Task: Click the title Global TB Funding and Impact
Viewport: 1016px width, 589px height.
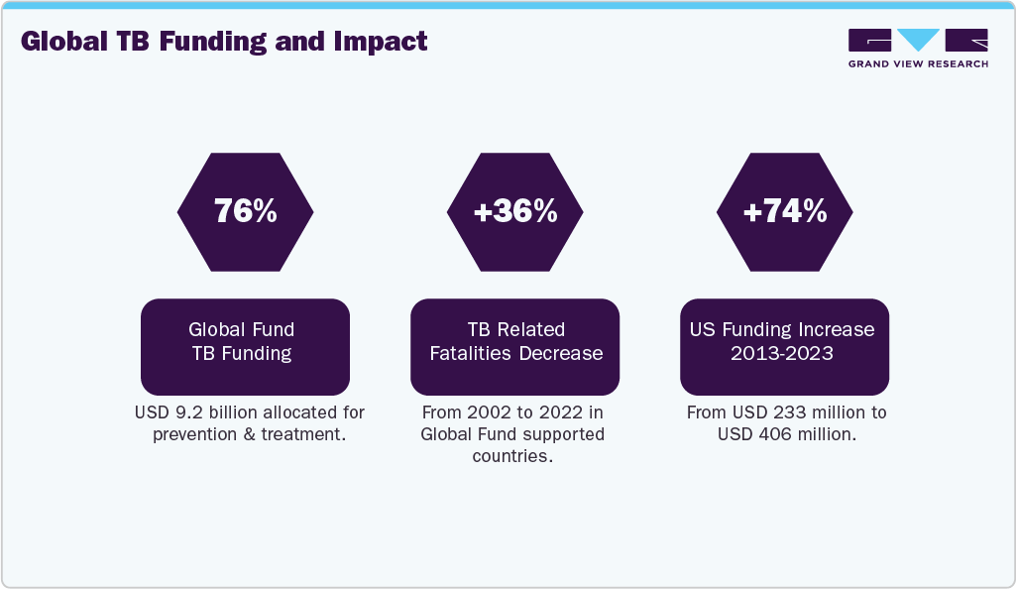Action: tap(224, 42)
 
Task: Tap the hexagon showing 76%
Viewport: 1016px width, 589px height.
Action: tap(245, 211)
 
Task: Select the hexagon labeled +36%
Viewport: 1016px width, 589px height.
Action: tap(514, 211)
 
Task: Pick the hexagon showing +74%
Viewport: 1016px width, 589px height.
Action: tap(784, 211)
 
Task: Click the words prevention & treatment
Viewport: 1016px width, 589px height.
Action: tap(249, 435)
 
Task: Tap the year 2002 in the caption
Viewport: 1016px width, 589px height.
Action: tap(483, 412)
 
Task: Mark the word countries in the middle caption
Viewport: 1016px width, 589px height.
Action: tap(510, 457)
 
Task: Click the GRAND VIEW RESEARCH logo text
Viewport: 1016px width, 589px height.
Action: tap(918, 63)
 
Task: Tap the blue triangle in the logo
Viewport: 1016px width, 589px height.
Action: tap(918, 40)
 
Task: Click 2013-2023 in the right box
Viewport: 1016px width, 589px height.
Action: tap(784, 354)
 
